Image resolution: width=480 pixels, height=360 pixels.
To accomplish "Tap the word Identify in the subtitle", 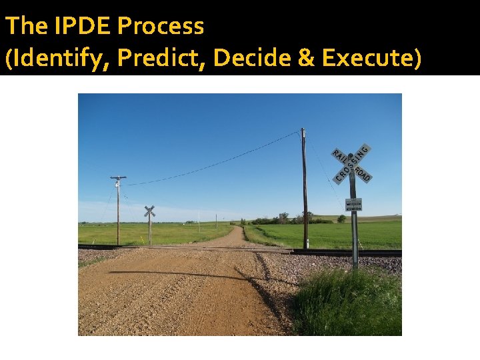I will pyautogui.click(x=60, y=58).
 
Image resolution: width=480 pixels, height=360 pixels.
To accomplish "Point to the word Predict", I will pyautogui.click(x=163, y=58).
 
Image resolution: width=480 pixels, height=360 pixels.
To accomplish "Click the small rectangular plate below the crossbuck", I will pyautogui.click(x=353, y=205).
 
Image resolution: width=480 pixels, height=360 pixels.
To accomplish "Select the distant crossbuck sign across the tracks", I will pyautogui.click(x=149, y=212).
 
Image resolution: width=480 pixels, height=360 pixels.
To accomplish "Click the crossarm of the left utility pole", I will pyautogui.click(x=118, y=177).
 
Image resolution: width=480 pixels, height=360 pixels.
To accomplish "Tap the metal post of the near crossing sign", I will pyautogui.click(x=354, y=233).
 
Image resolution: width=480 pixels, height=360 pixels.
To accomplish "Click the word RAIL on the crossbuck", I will pyautogui.click(x=340, y=155).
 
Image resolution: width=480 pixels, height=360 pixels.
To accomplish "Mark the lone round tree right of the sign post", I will pyautogui.click(x=341, y=218).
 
